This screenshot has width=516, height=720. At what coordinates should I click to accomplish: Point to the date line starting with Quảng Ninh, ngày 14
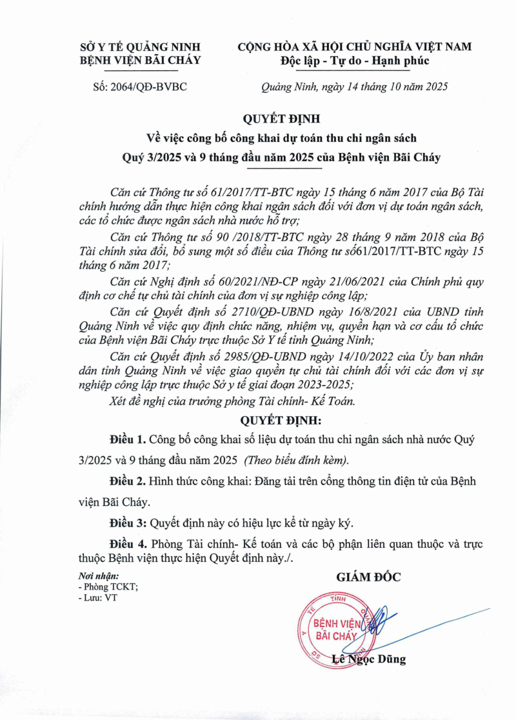pyautogui.click(x=354, y=86)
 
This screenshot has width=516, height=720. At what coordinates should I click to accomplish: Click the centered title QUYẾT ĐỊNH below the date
pyautogui.click(x=281, y=119)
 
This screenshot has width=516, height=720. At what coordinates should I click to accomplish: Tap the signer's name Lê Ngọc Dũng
pyautogui.click(x=369, y=659)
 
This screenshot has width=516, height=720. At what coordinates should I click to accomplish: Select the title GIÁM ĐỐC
pyautogui.click(x=368, y=577)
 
